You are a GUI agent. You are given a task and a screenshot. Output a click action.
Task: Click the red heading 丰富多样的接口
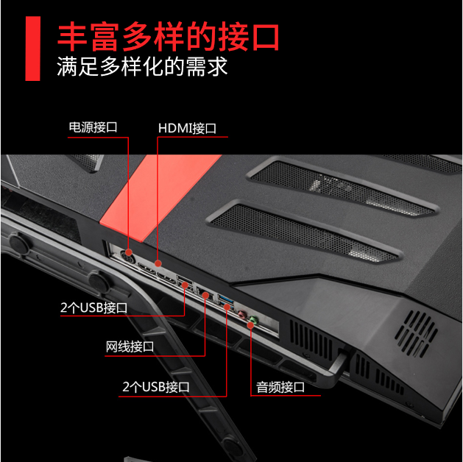(168, 36)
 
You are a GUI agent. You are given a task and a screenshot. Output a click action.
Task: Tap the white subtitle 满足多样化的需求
(142, 66)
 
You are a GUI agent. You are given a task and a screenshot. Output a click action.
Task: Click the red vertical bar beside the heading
(33, 49)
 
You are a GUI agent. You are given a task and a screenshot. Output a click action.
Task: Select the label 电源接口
(93, 127)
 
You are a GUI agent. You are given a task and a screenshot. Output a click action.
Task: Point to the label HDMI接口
(187, 128)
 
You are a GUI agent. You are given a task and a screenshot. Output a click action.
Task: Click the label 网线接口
(130, 346)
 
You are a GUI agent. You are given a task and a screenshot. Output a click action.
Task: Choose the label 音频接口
(280, 387)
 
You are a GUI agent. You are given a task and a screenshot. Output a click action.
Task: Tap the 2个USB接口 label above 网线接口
(93, 308)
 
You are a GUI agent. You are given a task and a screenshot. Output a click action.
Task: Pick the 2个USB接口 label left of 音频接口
(156, 387)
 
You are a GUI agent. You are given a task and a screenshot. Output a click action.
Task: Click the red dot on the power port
(128, 252)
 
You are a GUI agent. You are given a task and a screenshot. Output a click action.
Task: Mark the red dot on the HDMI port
(158, 263)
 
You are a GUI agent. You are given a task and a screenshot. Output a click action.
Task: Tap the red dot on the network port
(205, 295)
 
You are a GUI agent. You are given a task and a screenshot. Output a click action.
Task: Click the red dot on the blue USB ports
(227, 307)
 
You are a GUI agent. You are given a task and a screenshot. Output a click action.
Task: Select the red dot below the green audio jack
(250, 325)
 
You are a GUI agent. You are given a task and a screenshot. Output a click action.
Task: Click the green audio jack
(253, 319)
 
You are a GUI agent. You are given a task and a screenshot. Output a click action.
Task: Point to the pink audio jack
(242, 314)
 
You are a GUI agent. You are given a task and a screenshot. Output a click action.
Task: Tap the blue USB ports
(226, 302)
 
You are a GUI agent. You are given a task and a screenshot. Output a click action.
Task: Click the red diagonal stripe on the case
(160, 198)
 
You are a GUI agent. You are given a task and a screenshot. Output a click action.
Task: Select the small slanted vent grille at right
(416, 334)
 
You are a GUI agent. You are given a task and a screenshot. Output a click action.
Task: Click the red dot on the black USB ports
(185, 285)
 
